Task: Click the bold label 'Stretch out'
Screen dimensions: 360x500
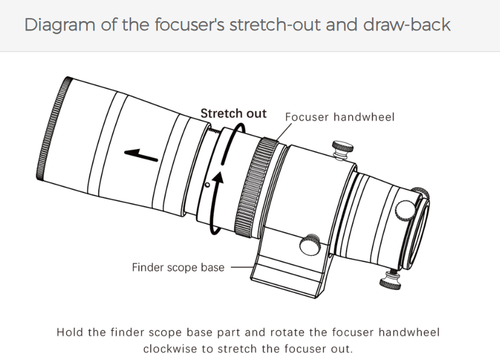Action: (x=233, y=114)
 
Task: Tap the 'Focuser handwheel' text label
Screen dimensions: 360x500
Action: (x=339, y=117)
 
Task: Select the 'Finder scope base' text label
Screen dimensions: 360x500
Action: (x=178, y=268)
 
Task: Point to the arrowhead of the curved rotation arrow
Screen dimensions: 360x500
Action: (x=217, y=179)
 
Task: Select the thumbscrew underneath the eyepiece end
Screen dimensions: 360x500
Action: (x=391, y=279)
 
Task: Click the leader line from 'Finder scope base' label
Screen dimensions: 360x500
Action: (x=242, y=268)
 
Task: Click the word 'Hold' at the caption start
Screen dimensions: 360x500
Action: (x=70, y=332)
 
